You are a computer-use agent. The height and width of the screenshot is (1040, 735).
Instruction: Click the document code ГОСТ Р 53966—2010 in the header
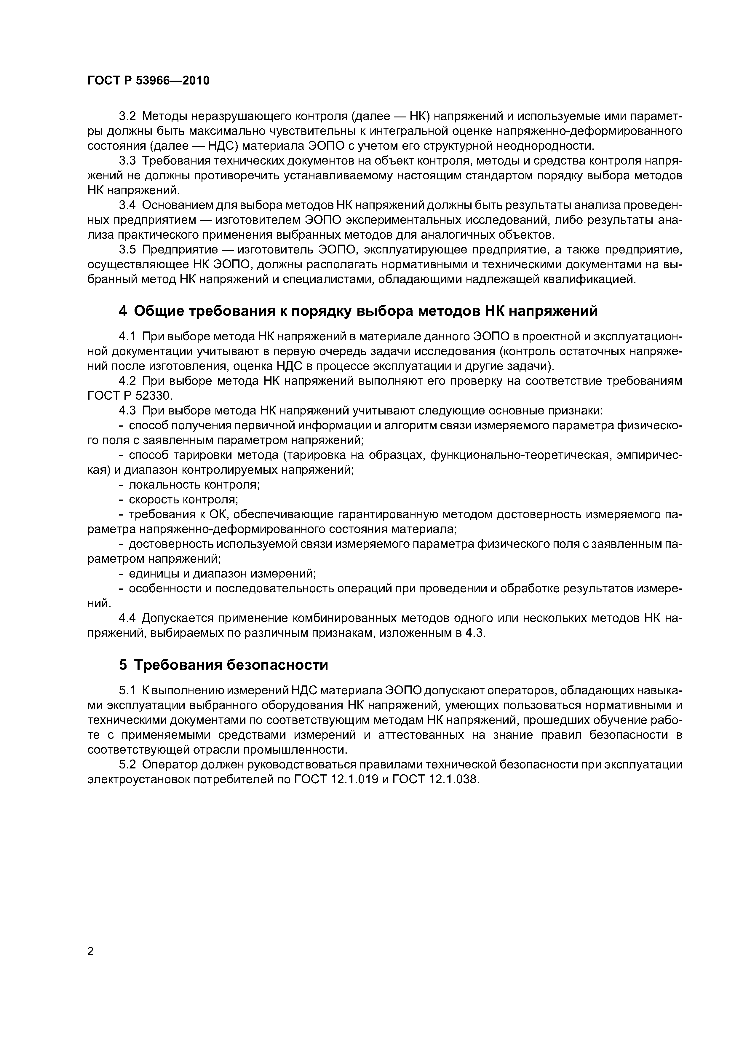(x=148, y=81)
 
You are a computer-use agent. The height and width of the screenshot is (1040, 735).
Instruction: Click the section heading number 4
(x=123, y=311)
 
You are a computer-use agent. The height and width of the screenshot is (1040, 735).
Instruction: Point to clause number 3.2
(x=127, y=117)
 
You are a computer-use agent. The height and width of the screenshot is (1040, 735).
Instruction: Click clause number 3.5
(x=127, y=250)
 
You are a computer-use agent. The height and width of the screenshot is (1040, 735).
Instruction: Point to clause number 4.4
(x=127, y=618)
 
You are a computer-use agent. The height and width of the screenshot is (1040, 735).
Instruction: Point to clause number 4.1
(x=127, y=336)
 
